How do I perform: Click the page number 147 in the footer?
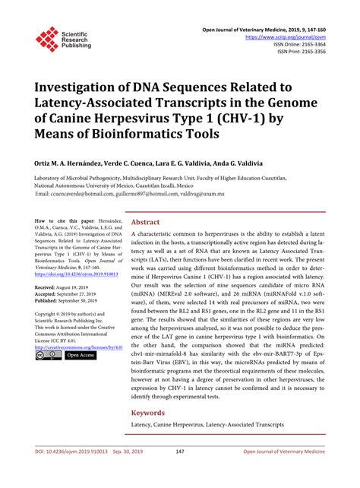click(180, 472)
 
